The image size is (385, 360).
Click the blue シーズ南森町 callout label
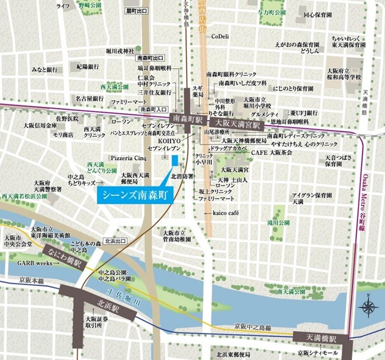pyautogui.click(x=135, y=194)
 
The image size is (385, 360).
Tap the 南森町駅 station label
pyautogui.click(x=188, y=118)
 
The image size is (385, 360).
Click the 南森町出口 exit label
pyautogui.click(x=151, y=58)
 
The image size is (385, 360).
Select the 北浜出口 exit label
pyautogui.click(x=114, y=241)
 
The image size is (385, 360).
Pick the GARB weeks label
pyautogui.click(x=35, y=264)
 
